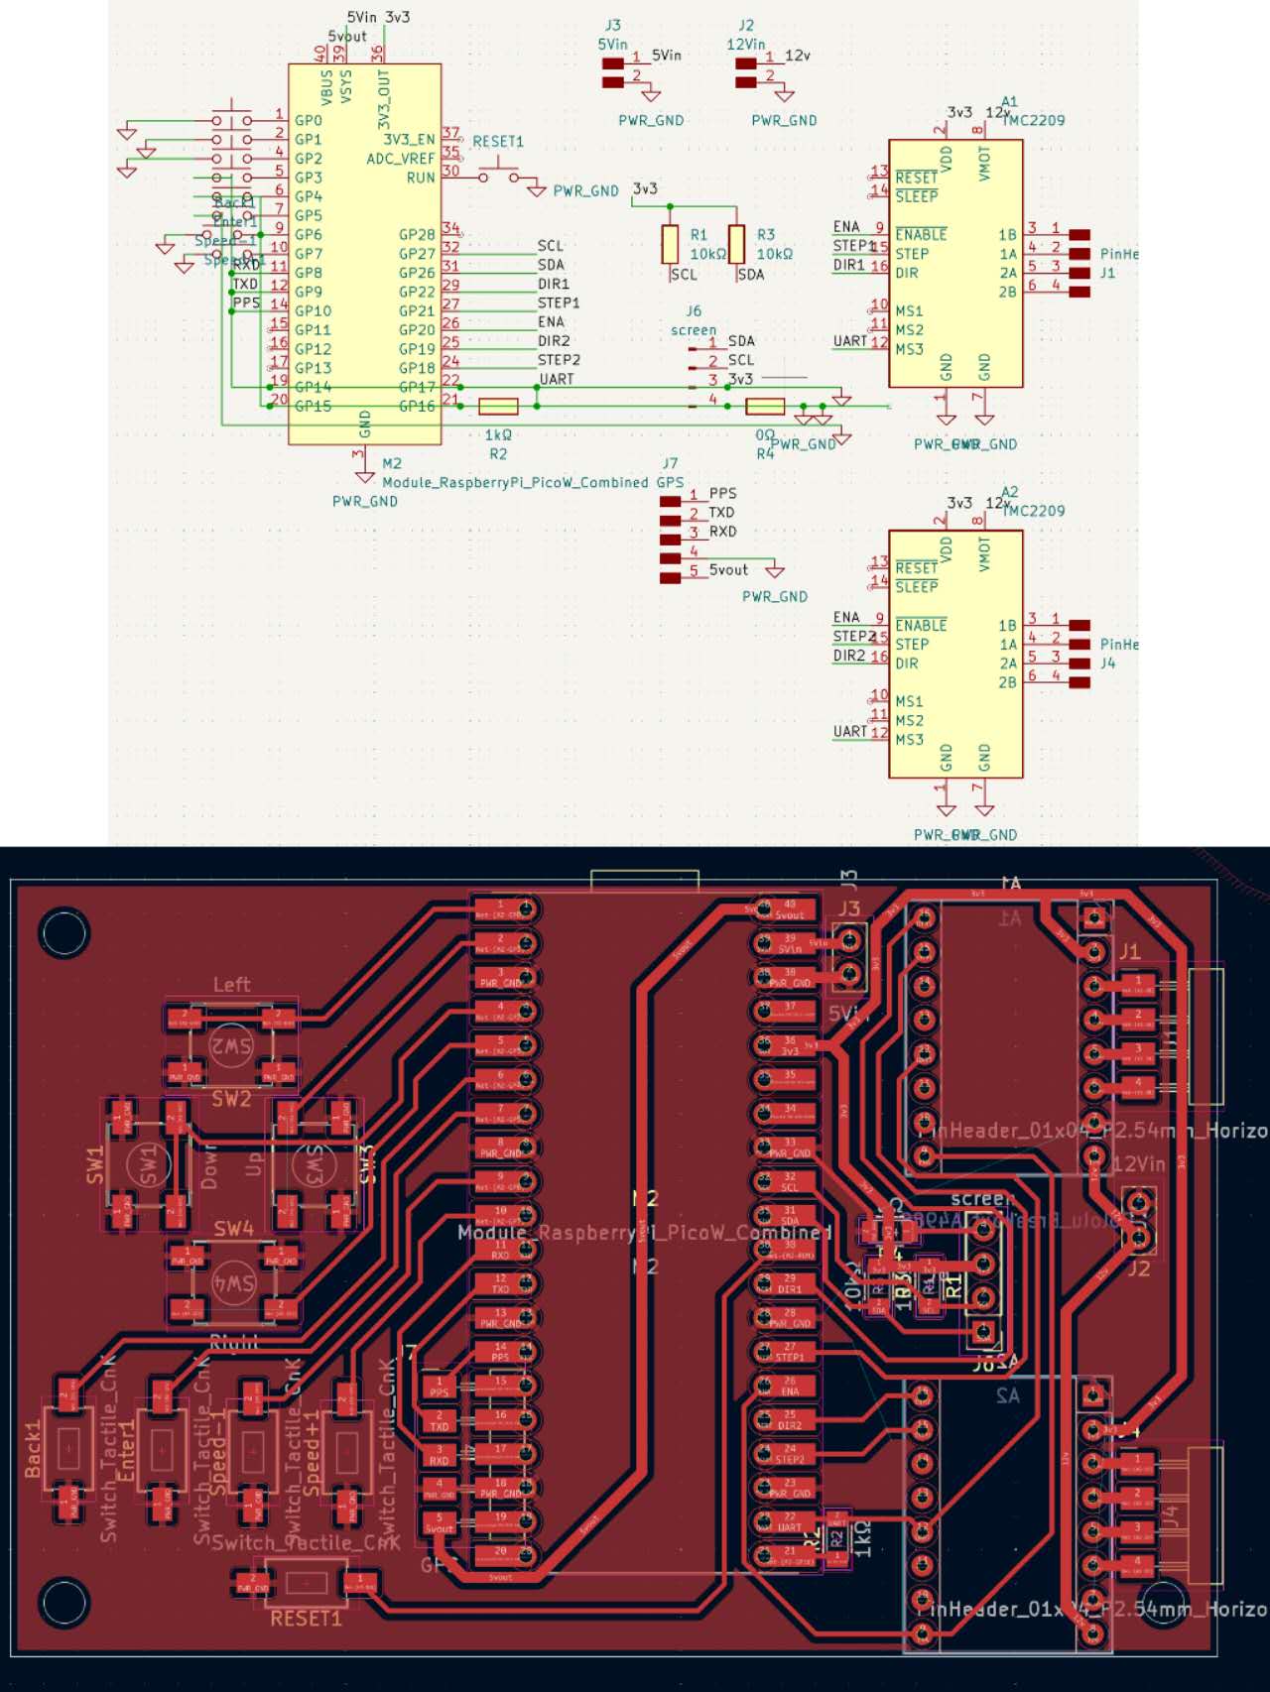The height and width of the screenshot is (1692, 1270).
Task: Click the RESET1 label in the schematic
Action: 497,142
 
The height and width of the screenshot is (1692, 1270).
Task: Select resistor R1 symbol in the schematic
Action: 671,244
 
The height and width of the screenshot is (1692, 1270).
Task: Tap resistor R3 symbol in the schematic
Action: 736,244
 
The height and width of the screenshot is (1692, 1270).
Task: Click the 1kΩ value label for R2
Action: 498,435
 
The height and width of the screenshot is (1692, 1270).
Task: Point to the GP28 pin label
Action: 417,235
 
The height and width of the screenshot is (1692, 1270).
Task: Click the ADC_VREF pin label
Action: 401,159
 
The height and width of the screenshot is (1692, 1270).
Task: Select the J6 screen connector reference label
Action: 694,311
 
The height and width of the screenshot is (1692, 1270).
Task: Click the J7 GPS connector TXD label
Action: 721,513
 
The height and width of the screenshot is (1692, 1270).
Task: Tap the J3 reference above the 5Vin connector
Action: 613,26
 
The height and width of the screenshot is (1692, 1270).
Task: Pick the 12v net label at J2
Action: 798,56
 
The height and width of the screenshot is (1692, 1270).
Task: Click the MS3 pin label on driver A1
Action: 910,349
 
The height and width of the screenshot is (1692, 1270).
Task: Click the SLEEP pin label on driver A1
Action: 917,196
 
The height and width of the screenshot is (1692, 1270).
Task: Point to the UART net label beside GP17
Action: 557,379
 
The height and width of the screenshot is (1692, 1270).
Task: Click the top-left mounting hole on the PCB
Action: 64,932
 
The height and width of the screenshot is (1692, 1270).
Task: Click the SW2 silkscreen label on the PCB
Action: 231,1099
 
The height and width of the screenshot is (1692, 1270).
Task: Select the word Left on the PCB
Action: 232,985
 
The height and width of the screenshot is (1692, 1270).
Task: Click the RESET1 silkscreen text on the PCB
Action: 306,1619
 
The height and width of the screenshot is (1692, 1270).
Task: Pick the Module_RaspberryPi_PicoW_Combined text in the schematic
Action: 515,483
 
